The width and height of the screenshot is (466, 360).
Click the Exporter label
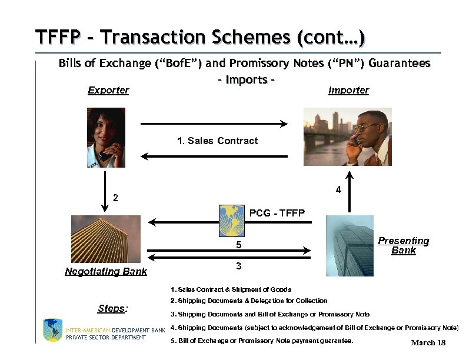pyautogui.click(x=108, y=90)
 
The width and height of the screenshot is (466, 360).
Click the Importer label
pyautogui.click(x=349, y=90)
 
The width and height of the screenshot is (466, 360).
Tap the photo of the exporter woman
pyautogui.click(x=105, y=138)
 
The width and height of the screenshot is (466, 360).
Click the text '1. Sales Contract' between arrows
pyautogui.click(x=217, y=141)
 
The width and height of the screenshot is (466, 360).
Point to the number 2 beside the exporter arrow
pyautogui.click(x=115, y=198)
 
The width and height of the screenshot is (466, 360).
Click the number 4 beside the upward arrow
pyautogui.click(x=338, y=190)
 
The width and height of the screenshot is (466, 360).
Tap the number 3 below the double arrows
pyautogui.click(x=238, y=266)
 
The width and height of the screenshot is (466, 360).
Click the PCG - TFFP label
pyautogui.click(x=277, y=213)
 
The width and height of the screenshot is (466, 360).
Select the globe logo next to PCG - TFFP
pyautogui.click(x=232, y=219)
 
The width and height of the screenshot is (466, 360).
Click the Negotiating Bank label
pyautogui.click(x=106, y=271)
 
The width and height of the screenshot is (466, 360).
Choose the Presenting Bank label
pyautogui.click(x=404, y=245)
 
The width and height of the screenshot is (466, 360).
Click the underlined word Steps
pyautogui.click(x=113, y=308)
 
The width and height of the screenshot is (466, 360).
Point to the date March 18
pyautogui.click(x=428, y=343)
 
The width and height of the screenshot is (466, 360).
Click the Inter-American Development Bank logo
pyautogui.click(x=52, y=330)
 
